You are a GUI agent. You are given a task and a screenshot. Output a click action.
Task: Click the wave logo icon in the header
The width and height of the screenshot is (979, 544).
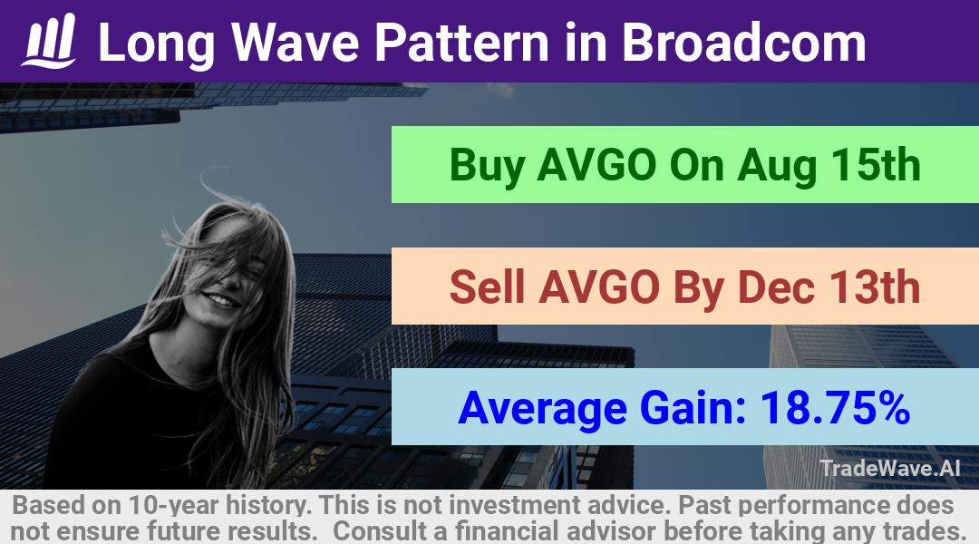coord(49,41)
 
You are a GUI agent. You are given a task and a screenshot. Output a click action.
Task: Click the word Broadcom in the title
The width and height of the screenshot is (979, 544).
coord(743,42)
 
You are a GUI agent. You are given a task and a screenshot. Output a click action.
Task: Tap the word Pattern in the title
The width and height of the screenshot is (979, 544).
coord(461,42)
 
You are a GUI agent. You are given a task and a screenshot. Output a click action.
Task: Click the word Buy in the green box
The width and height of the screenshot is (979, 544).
coord(487,166)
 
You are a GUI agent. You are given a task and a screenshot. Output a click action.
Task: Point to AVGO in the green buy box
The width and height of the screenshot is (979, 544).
coord(596,165)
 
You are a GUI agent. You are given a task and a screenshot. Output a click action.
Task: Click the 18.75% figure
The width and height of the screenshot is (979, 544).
coord(835,407)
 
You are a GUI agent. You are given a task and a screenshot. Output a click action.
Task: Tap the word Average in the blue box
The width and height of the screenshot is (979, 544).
coord(543,409)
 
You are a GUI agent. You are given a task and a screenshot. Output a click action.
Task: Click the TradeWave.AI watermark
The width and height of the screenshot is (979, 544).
coord(890,468)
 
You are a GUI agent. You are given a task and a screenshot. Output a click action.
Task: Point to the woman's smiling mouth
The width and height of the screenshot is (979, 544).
coord(223,300)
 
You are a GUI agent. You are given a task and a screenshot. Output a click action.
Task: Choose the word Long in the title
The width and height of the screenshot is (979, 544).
coord(157,44)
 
